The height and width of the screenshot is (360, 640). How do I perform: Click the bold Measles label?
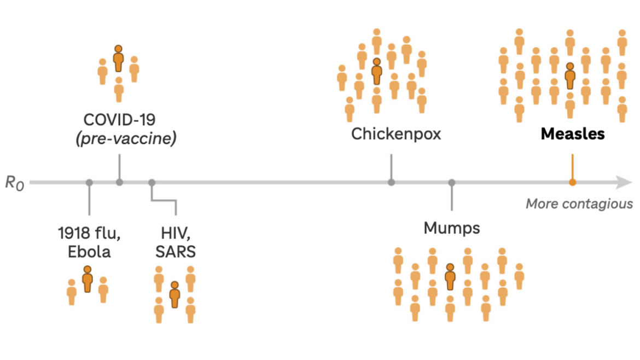(x=573, y=134)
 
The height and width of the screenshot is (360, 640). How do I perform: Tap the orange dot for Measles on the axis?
(x=572, y=182)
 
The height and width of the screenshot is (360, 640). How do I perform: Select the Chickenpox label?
(x=396, y=134)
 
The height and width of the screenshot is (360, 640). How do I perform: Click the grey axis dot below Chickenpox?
(x=391, y=182)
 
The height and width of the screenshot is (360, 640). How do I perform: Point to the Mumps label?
(x=452, y=228)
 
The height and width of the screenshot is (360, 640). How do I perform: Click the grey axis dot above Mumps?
(x=452, y=182)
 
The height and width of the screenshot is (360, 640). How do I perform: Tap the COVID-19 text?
(x=119, y=120)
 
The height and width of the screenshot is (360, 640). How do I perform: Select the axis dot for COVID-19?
(x=119, y=182)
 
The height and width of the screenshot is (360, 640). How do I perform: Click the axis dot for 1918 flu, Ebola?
(x=89, y=182)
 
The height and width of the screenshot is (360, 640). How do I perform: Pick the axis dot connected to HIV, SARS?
(x=152, y=182)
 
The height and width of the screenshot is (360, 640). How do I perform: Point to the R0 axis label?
(x=14, y=182)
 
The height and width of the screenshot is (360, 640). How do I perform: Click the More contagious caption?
(x=579, y=204)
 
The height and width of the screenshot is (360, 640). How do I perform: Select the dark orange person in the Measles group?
(x=570, y=76)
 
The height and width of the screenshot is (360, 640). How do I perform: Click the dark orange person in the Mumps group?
(x=450, y=277)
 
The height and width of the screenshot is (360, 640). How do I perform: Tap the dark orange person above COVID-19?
(x=119, y=59)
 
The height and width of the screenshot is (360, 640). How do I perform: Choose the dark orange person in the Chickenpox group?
(x=376, y=72)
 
